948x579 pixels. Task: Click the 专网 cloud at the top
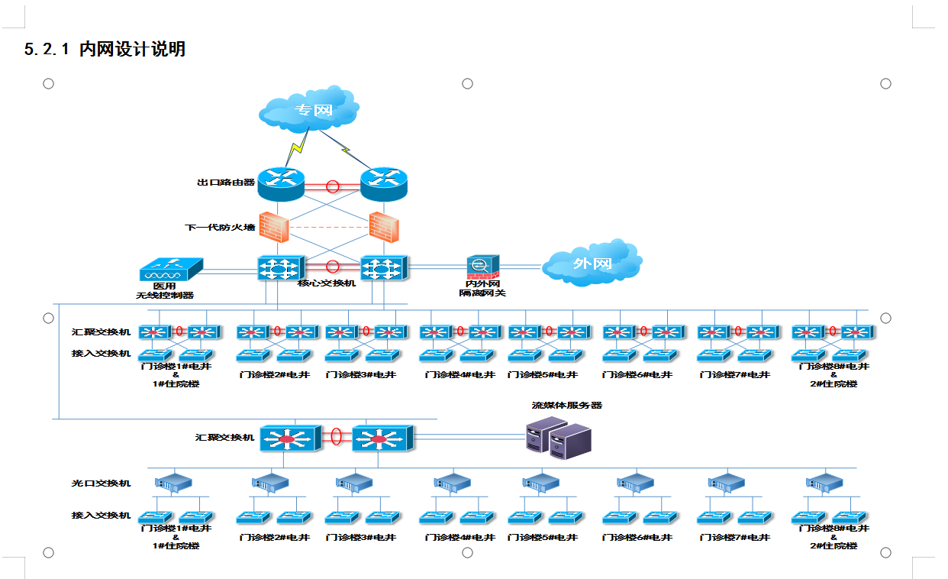[309, 113]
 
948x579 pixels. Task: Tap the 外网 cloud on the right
[592, 264]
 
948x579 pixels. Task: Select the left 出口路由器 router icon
[281, 183]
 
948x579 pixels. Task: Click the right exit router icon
[385, 183]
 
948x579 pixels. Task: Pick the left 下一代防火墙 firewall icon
[274, 226]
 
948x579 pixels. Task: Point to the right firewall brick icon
[384, 226]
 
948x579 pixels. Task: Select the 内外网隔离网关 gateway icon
[482, 267]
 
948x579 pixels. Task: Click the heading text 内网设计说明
[132, 50]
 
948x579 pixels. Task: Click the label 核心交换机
[327, 283]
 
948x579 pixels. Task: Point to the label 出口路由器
[226, 183]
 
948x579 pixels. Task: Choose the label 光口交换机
[102, 484]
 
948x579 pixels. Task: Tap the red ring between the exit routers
[333, 186]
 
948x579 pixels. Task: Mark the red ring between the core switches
[333, 267]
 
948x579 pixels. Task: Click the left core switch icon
[280, 267]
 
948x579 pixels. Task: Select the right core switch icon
[385, 267]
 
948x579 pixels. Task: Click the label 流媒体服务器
[567, 406]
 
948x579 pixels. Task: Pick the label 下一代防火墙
[220, 228]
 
